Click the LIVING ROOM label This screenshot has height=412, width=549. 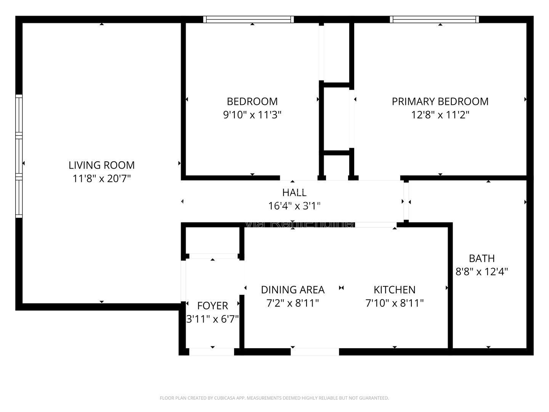click(101, 165)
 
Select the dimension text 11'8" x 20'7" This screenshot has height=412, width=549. click(101, 178)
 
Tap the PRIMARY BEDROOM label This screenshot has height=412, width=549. click(440, 101)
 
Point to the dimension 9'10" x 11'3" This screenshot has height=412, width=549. click(252, 114)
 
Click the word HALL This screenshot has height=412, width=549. click(294, 192)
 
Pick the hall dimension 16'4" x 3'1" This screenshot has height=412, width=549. click(294, 206)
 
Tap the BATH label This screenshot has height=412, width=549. click(482, 258)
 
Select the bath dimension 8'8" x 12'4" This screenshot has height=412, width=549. click(482, 272)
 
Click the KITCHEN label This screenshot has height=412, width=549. click(394, 290)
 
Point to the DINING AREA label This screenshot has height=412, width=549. click(292, 290)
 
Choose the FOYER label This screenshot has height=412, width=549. click(212, 306)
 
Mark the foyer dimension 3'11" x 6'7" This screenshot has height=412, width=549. click(212, 319)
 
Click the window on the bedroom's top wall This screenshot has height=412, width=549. click(249, 19)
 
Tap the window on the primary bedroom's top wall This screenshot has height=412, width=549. click(434, 19)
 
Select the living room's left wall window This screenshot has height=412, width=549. click(19, 156)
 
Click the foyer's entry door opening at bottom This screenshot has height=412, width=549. click(212, 352)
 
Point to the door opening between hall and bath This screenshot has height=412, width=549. click(406, 201)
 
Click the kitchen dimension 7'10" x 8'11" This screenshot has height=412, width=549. click(394, 303)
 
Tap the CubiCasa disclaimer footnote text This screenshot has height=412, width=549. click(274, 398)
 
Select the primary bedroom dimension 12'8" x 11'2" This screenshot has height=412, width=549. click(440, 114)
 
